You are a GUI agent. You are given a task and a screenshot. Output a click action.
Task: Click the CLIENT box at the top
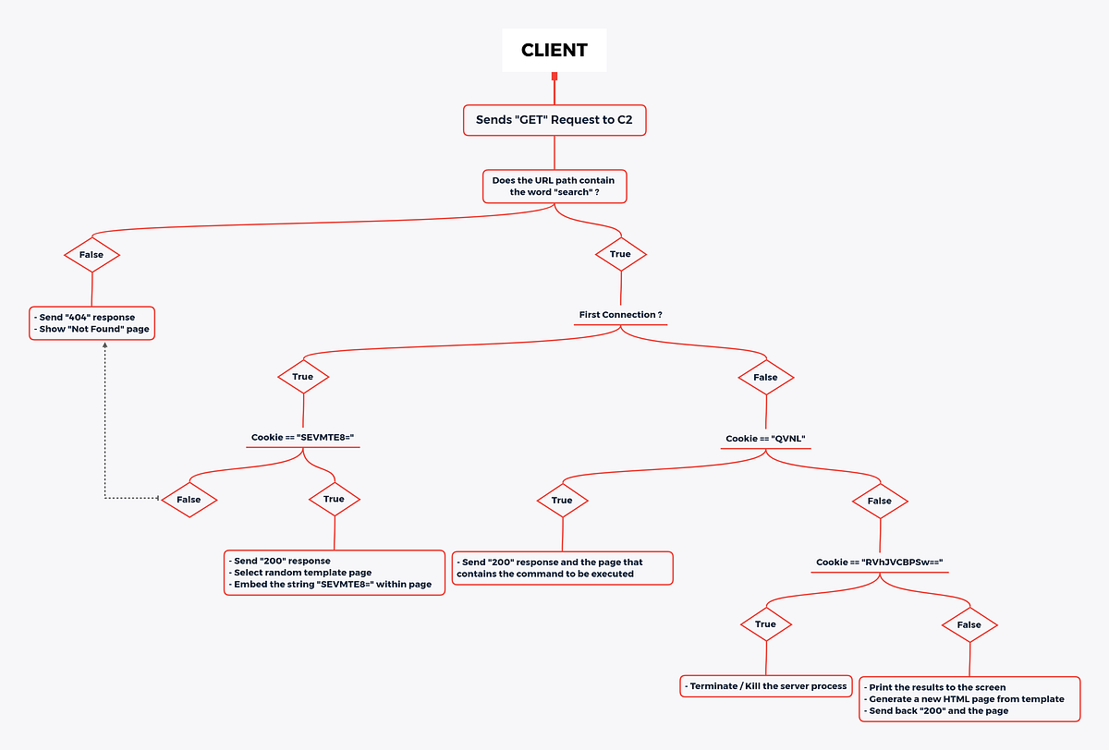(x=554, y=50)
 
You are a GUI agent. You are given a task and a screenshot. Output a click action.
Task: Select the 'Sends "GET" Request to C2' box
(x=554, y=120)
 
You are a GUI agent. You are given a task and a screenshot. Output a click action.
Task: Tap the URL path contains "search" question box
(x=554, y=186)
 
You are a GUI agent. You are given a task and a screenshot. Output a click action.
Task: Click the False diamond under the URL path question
(x=91, y=254)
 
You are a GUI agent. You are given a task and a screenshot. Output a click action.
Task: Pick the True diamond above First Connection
(x=620, y=254)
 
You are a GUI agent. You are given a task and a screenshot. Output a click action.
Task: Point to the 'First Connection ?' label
(x=620, y=315)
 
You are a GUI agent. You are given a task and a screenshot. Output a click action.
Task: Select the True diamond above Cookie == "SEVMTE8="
(x=303, y=377)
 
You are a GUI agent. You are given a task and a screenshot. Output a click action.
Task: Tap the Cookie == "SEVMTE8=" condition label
(x=303, y=438)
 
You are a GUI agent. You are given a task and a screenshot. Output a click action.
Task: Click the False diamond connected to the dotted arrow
(x=189, y=500)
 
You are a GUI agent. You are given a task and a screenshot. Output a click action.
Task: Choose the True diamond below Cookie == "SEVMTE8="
(x=334, y=500)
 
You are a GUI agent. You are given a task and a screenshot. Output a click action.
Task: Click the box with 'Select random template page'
(x=335, y=573)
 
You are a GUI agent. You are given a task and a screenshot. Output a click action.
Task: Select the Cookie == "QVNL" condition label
(x=766, y=438)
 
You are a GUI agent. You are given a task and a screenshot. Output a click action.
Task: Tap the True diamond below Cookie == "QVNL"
(x=562, y=501)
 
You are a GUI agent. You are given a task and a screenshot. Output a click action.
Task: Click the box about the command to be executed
(x=562, y=567)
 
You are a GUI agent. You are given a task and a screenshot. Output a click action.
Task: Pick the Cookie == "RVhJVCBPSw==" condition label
(x=878, y=562)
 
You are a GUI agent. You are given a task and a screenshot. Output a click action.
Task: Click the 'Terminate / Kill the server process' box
(x=765, y=686)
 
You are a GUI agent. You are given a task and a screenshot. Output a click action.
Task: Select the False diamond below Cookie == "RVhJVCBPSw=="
(x=969, y=624)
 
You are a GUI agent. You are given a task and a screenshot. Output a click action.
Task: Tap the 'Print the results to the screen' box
(x=969, y=698)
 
